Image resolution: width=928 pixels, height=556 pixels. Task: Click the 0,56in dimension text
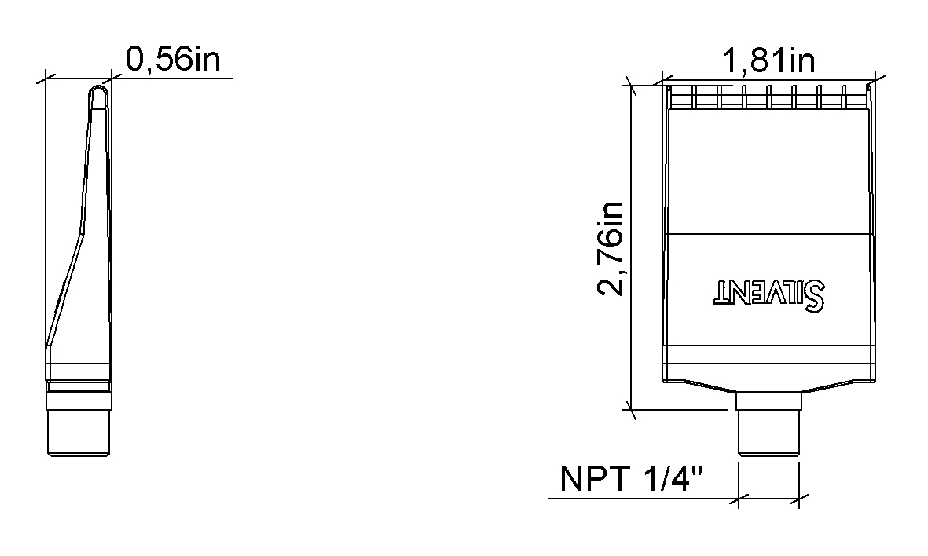(x=173, y=60)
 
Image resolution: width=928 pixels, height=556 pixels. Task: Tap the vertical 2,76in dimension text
(x=611, y=248)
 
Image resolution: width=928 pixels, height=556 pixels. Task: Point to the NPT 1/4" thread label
(x=630, y=479)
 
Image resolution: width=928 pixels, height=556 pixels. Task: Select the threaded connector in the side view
(x=78, y=431)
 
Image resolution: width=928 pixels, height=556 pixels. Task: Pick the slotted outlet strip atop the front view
(x=768, y=96)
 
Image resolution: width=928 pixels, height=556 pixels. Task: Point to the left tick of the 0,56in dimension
(x=46, y=78)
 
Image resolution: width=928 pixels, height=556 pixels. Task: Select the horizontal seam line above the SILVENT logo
(x=768, y=235)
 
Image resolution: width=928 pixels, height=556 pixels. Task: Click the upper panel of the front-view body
(x=768, y=169)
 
